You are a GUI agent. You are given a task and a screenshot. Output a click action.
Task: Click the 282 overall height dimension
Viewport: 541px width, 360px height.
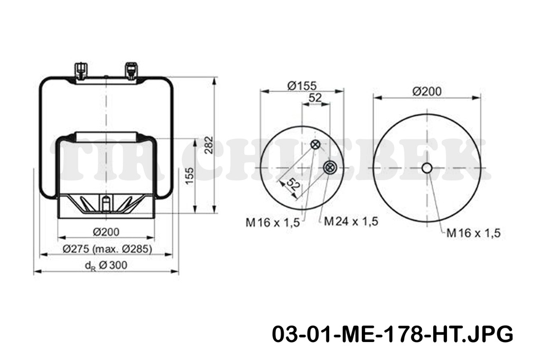(x=208, y=145)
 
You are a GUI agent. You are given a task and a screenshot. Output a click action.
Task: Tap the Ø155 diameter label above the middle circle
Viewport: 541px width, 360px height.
(x=302, y=85)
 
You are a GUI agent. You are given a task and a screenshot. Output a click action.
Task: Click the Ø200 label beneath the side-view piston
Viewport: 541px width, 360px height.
(x=106, y=231)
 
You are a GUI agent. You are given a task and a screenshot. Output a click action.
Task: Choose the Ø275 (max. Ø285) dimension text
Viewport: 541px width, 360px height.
(x=107, y=249)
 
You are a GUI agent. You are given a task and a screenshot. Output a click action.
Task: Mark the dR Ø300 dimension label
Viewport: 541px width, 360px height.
(x=106, y=266)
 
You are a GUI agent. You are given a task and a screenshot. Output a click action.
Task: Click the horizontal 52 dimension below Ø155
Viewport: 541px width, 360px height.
(x=315, y=98)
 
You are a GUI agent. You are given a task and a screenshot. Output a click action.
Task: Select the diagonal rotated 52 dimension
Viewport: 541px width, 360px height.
(x=292, y=185)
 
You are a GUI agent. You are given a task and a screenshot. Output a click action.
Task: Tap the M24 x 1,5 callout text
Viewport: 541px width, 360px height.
(x=351, y=221)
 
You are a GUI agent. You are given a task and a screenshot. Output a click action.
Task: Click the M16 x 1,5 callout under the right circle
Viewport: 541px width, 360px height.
(x=473, y=232)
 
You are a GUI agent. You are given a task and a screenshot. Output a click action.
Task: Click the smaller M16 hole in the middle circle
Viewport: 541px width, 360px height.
(x=315, y=145)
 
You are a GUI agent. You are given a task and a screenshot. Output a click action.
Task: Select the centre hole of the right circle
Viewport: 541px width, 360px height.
(x=427, y=168)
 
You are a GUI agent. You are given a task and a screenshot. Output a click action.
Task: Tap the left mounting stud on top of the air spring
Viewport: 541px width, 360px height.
(x=80, y=70)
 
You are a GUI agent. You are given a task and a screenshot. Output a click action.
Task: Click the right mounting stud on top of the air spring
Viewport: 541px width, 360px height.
(x=130, y=70)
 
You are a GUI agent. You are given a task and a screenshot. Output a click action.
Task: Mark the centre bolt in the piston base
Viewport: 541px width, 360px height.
(x=106, y=202)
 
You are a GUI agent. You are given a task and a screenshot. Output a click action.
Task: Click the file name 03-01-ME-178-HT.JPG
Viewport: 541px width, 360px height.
(x=393, y=335)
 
